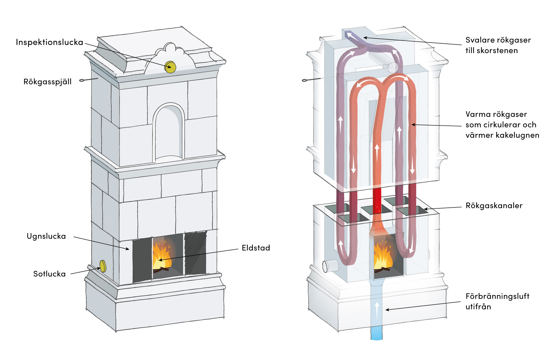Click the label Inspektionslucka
tap(49, 42)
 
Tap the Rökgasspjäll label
tap(48, 82)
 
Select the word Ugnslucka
tap(46, 236)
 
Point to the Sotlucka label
tap(49, 274)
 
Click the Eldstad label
tap(256, 248)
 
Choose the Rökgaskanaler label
tap(494, 206)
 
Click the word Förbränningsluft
tap(497, 296)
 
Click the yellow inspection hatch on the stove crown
tap(170, 67)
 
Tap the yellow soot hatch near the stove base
tap(103, 266)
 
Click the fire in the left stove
tap(162, 256)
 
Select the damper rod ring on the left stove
tap(82, 81)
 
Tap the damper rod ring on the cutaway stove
tap(304, 80)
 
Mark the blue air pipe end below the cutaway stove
tap(376, 337)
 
